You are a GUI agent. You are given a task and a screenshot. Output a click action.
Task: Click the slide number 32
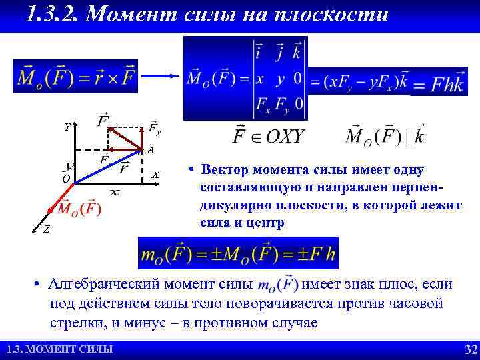point(471,350)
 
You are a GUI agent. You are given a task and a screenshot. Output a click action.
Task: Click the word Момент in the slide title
point(127,15)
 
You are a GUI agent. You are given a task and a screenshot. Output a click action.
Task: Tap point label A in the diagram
point(151,149)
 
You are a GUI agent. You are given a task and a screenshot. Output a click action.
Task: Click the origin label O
point(65,179)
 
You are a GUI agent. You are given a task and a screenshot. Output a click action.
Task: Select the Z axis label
point(45,229)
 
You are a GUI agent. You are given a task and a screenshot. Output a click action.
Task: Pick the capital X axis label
point(155,175)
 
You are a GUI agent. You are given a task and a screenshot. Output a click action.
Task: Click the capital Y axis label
point(67,127)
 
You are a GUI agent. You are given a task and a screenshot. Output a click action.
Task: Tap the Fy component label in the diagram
point(154,127)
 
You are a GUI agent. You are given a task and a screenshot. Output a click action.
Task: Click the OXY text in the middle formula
point(284,136)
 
